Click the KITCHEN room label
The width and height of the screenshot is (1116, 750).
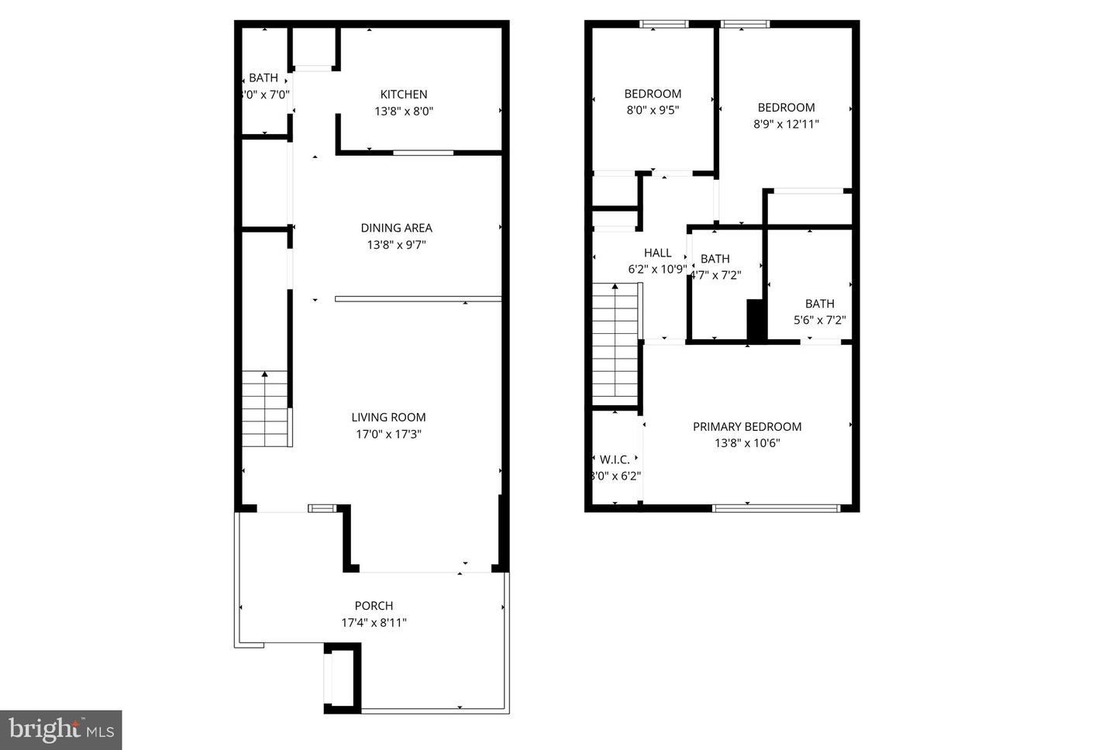click(403, 95)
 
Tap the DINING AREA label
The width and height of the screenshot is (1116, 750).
click(396, 228)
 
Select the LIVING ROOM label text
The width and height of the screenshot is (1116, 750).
click(388, 417)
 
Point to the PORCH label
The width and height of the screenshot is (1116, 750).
click(374, 606)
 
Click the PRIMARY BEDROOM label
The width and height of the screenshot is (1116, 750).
click(746, 426)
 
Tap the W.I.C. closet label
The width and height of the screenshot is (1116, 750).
click(615, 459)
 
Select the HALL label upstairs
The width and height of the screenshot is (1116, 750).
click(657, 253)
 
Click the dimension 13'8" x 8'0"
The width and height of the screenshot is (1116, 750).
click(403, 112)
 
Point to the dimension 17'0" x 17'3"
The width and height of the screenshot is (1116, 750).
click(388, 434)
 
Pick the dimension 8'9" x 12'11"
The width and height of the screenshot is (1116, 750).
click(786, 124)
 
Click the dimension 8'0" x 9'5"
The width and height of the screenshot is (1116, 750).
click(653, 111)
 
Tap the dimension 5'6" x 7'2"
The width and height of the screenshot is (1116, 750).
click(819, 320)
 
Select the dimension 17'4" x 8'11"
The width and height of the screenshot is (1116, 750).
click(374, 623)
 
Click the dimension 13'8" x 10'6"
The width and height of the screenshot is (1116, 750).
click(746, 443)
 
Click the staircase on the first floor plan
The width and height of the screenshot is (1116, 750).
click(265, 409)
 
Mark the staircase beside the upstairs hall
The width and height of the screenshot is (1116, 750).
click(615, 341)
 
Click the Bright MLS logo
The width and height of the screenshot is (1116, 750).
click(60, 730)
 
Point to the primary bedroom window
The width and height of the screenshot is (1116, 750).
click(776, 508)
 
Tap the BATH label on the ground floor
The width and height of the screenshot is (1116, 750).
click(263, 77)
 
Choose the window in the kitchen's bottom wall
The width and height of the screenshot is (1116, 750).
click(422, 153)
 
